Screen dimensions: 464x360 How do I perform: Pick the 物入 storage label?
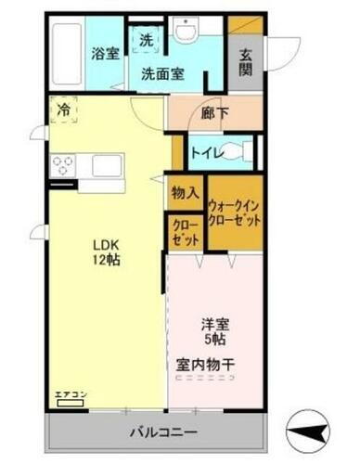point(185,193)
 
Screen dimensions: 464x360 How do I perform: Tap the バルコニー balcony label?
point(158,432)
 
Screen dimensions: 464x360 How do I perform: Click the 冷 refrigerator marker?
point(63,110)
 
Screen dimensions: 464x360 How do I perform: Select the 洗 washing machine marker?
point(147,40)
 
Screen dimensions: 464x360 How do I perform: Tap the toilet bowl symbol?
point(240,151)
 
